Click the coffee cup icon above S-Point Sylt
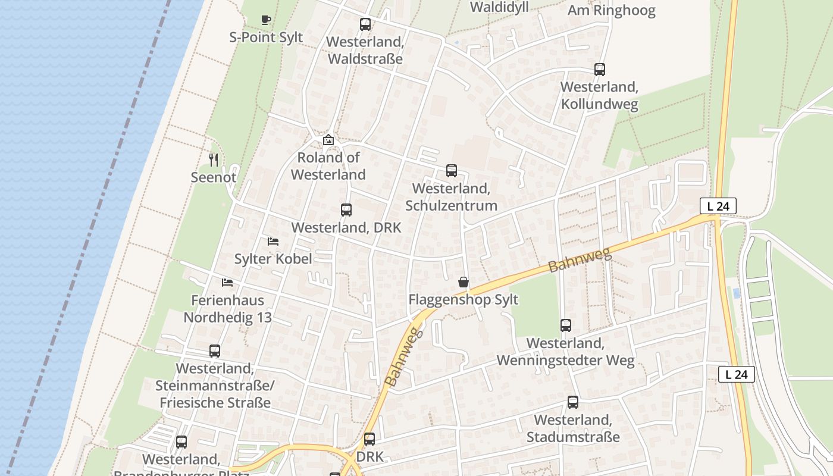266,20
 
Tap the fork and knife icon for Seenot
214,159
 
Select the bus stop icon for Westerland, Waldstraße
365,24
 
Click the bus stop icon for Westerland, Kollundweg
600,70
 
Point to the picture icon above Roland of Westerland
328,140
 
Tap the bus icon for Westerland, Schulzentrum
452,171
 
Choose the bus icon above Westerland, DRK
346,209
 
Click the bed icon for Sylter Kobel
273,241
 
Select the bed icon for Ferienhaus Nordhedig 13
227,282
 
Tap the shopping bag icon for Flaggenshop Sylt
464,281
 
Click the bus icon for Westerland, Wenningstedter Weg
566,325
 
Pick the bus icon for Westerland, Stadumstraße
573,402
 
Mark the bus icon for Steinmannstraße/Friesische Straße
215,351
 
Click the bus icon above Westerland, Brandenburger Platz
181,442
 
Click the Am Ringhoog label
611,11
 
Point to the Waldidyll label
499,7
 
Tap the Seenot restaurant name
214,177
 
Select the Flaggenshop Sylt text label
464,300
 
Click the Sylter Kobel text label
273,259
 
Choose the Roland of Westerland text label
328,166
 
